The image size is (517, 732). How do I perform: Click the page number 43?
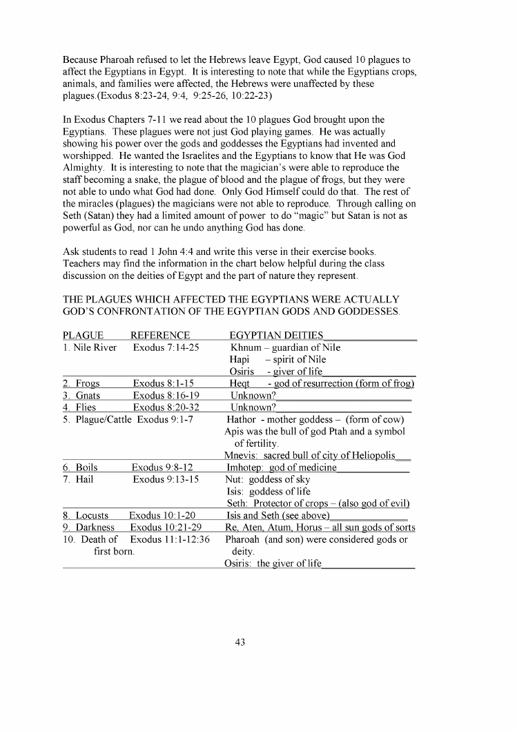240,642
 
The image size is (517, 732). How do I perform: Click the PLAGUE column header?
84,336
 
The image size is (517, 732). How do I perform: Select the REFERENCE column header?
160,336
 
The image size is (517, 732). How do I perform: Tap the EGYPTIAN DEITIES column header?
276,336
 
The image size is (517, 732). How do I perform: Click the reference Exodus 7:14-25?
166,347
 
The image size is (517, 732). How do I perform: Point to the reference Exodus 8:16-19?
166,396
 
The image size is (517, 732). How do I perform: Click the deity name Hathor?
242,420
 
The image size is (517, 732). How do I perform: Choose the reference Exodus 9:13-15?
166,479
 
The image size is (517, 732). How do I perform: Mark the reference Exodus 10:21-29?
166,528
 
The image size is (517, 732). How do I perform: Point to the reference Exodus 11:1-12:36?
170,539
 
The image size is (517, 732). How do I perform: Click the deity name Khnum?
244,347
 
